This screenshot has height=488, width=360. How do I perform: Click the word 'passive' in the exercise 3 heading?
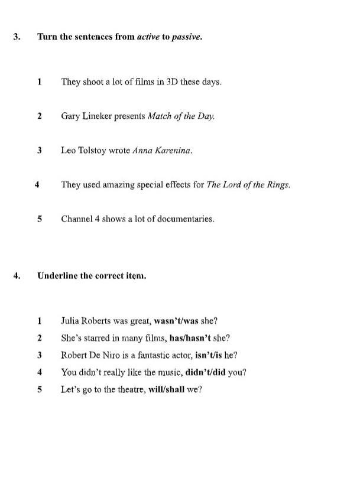click(x=186, y=37)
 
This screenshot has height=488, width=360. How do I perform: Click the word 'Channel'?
click(x=77, y=219)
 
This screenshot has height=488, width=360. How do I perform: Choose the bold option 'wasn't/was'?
click(x=176, y=321)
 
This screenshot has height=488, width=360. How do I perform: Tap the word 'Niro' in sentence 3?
click(x=116, y=356)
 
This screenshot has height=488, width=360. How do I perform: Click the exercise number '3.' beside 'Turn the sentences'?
click(x=17, y=37)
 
